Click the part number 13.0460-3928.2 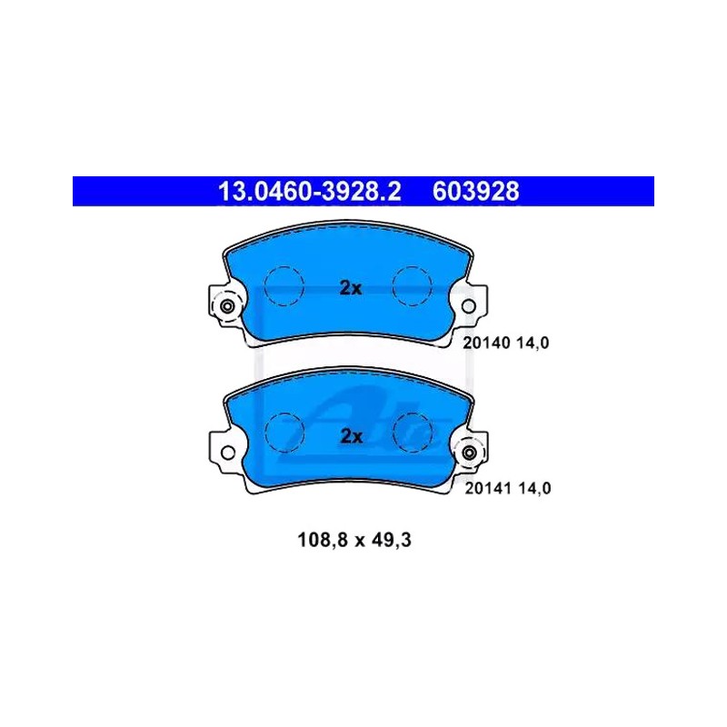coord(309,192)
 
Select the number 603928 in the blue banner coord(475,192)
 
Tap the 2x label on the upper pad coord(351,288)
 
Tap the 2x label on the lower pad coord(351,436)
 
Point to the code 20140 coord(486,344)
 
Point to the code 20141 coord(488,488)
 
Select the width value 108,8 coord(323,540)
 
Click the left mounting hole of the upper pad coord(227,306)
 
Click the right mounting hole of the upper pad coord(468,306)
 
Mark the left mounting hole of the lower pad coord(228,453)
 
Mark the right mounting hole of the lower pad coord(469,453)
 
